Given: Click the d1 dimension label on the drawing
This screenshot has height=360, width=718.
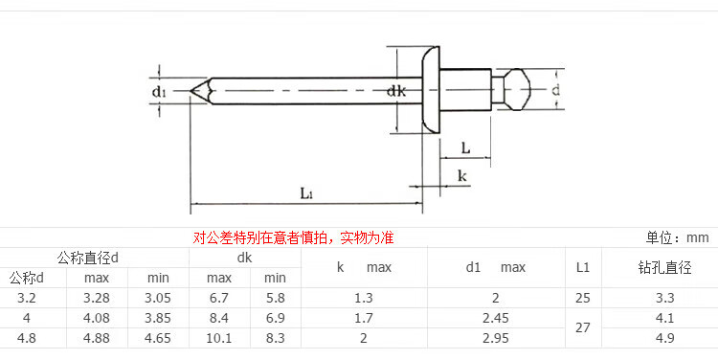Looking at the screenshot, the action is coord(158,92).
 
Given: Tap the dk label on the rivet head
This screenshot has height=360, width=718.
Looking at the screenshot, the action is coord(396,91).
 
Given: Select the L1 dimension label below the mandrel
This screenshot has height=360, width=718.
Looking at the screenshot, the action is coord(306,192).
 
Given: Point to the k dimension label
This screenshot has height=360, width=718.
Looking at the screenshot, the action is coord(462,175).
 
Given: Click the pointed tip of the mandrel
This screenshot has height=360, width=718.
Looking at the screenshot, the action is coord(191,91).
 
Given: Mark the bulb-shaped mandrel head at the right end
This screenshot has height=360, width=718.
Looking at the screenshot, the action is coord(517,89).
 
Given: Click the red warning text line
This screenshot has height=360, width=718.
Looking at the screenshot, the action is coord(293,237).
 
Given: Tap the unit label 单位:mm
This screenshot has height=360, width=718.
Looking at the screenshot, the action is coord(677,237).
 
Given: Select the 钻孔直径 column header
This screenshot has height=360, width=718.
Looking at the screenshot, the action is coord(664,267).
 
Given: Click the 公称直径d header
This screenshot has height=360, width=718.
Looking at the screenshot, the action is coord(87,259).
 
